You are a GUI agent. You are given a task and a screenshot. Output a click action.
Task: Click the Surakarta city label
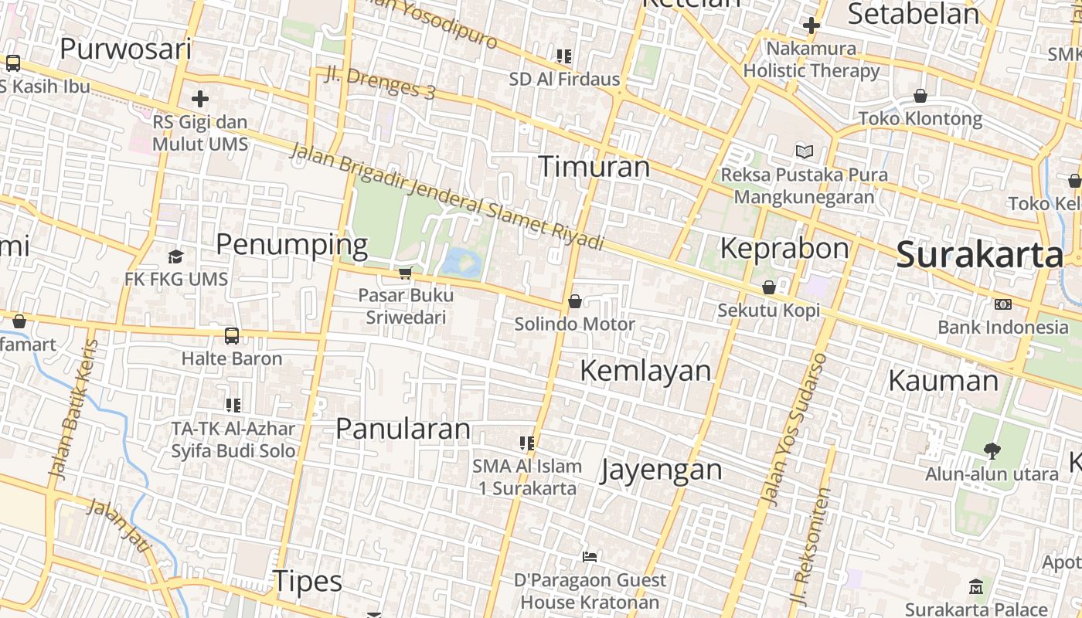coord(979,255)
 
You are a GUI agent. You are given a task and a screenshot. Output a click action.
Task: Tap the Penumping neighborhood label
coord(291,245)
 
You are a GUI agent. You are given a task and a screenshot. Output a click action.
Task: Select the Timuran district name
coord(594,167)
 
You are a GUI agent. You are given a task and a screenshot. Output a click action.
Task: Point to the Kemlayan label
coord(645,371)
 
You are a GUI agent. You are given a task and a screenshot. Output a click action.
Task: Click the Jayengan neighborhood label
coord(661,470)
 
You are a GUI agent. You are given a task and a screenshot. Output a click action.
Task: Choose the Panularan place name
coord(403,429)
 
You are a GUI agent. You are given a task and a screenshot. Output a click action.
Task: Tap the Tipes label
coord(308,582)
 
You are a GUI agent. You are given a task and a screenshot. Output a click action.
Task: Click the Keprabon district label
coord(784,249)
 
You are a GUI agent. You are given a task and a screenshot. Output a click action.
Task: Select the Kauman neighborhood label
coord(943,381)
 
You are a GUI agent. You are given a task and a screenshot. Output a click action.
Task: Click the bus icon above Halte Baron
coord(232,336)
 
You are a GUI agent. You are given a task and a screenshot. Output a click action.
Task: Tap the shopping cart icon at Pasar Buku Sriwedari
coord(405,273)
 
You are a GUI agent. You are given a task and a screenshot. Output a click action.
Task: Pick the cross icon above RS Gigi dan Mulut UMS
coord(200,99)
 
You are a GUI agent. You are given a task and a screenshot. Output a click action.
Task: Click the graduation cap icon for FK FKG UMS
coord(176,256)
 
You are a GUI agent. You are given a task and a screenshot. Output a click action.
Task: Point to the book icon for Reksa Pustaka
coord(805,151)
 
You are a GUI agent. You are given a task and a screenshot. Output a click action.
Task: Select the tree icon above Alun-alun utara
coord(992,450)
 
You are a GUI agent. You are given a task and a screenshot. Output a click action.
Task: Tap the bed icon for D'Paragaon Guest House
coord(590,556)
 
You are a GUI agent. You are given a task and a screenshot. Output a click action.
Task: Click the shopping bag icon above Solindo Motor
coord(575,301)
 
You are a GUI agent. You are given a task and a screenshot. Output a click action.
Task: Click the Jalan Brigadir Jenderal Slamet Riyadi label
coord(446,198)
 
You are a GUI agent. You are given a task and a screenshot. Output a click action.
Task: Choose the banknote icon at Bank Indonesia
coord(1003,304)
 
